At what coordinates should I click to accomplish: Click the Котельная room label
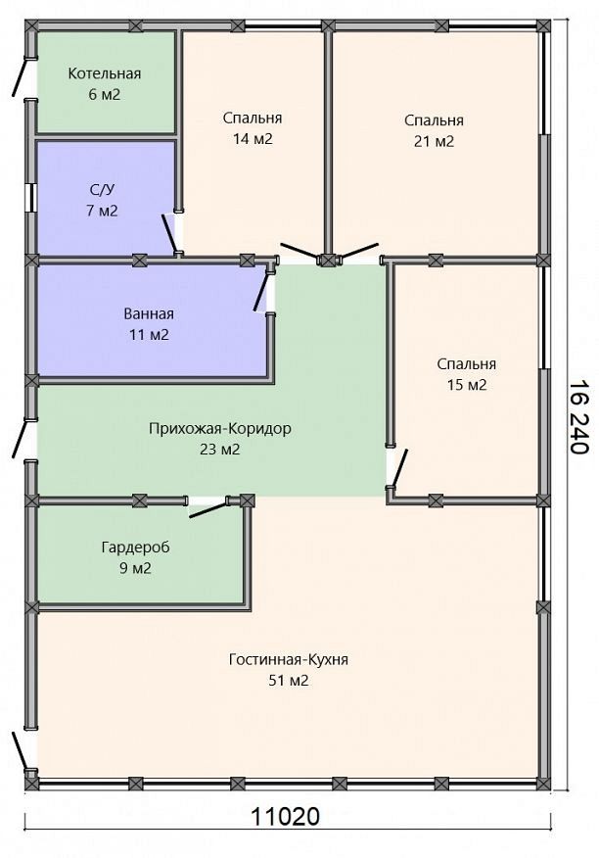tap(105, 73)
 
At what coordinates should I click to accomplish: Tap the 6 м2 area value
tap(104, 95)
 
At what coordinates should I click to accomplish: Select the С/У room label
tap(103, 190)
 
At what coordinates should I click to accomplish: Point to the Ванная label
tap(149, 314)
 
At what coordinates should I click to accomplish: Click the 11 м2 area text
tap(149, 334)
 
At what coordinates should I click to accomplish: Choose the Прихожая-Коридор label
tap(220, 428)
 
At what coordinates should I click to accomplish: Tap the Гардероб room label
tap(136, 548)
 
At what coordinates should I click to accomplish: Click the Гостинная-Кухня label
tap(289, 660)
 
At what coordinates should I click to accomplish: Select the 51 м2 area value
tap(289, 681)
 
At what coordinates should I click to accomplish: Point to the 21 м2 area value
tap(435, 142)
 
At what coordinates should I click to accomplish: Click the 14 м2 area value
tap(253, 139)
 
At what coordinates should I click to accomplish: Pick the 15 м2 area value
tap(467, 385)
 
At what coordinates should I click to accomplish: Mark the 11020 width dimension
tap(285, 817)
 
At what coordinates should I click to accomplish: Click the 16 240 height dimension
tap(577, 416)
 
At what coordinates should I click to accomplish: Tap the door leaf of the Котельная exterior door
tap(19, 77)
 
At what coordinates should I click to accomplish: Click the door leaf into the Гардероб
tap(207, 510)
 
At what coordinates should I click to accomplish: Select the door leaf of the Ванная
tap(261, 292)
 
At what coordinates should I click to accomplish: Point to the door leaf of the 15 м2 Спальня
tap(398, 468)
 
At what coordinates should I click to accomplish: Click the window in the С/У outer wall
tap(30, 197)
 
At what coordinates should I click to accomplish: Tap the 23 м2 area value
tap(220, 450)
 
